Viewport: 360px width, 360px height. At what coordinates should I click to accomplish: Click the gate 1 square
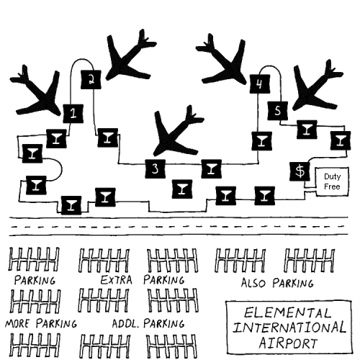pos(73,114)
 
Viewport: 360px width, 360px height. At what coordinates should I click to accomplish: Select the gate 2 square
pos(91,79)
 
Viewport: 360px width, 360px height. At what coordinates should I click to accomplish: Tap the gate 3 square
pos(156,168)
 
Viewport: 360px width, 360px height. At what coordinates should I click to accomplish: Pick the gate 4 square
pos(260,84)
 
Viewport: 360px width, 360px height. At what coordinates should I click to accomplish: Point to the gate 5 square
pos(277,111)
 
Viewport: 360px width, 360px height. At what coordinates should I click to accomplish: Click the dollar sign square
pos(300,171)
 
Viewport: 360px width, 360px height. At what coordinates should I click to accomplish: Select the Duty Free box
pos(332,181)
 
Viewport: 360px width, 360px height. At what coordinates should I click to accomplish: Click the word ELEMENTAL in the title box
pos(287,313)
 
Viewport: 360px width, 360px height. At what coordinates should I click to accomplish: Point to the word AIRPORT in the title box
pos(288,343)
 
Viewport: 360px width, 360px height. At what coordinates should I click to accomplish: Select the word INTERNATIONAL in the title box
pos(289,328)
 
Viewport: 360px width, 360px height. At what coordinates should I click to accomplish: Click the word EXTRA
pos(116,280)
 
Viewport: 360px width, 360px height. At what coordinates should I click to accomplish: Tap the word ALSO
pos(253,283)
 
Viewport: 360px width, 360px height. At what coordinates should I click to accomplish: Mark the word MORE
pos(18,324)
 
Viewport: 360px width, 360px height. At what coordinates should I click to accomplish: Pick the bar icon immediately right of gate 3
pos(211,168)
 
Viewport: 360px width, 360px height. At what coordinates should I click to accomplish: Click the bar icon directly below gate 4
pos(262,141)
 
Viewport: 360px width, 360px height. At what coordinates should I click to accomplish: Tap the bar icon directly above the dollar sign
pos(341,140)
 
